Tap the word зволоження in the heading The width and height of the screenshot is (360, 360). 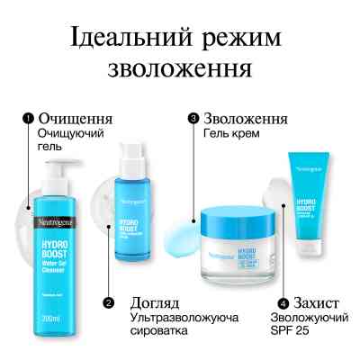point(179,69)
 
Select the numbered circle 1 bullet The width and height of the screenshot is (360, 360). point(27,118)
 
